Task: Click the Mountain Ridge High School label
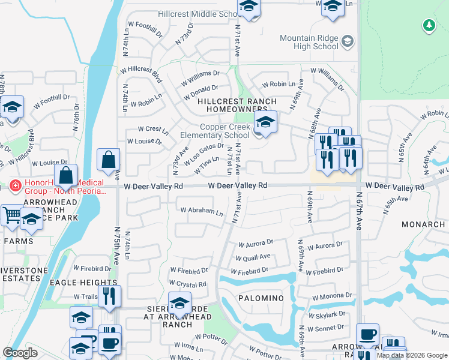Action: point(309,42)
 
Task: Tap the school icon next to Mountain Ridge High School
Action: point(348,41)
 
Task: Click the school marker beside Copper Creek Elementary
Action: point(265,123)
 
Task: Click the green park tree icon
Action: point(429,25)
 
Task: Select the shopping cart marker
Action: point(11,214)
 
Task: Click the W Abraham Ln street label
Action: point(202,212)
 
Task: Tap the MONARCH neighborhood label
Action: point(423,224)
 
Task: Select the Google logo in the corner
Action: point(20,353)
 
